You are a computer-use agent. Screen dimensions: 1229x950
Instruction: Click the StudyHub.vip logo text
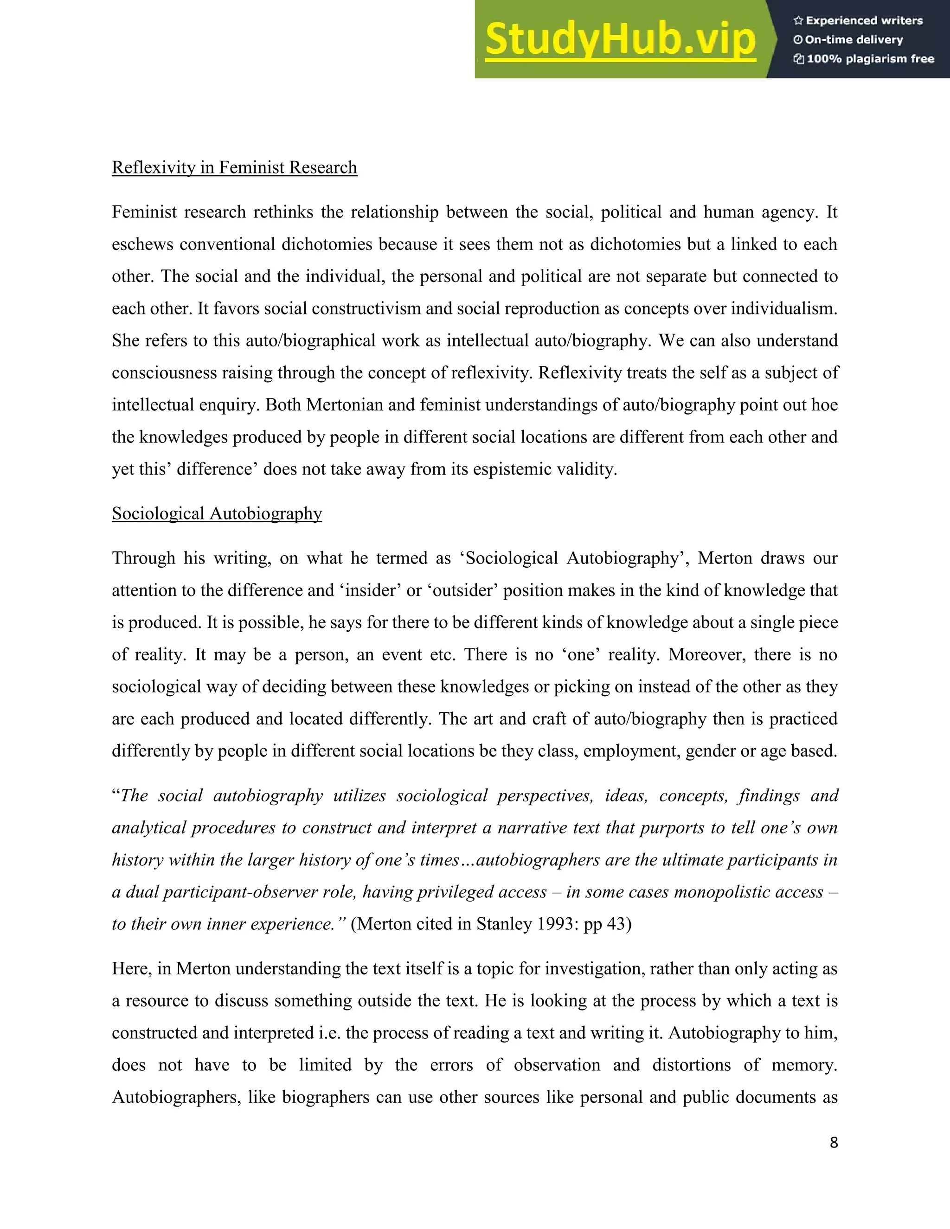click(x=620, y=39)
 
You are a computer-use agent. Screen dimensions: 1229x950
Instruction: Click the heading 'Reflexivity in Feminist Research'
click(x=234, y=168)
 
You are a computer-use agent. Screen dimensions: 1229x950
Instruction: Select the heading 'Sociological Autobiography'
click(x=217, y=514)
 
